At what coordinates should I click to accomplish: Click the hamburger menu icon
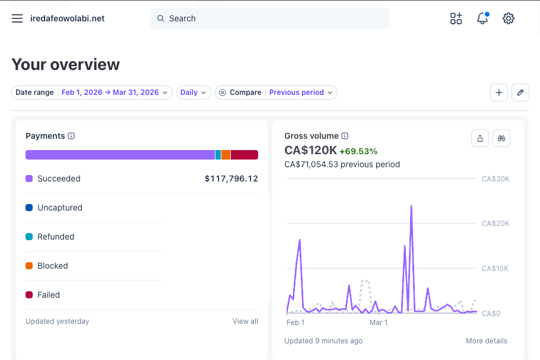click(x=17, y=18)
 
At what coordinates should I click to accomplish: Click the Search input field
click(x=270, y=18)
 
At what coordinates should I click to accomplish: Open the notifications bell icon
click(x=482, y=18)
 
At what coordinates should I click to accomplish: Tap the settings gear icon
click(x=508, y=18)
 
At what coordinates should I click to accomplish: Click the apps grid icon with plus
click(x=456, y=18)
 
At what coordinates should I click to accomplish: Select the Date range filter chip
click(x=92, y=93)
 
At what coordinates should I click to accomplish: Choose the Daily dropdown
click(x=193, y=93)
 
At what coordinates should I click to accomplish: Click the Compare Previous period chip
click(x=276, y=93)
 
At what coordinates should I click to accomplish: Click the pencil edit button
click(x=520, y=93)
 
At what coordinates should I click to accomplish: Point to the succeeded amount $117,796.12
click(x=231, y=179)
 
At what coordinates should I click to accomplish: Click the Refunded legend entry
click(x=55, y=237)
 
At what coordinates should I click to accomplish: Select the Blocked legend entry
click(x=52, y=266)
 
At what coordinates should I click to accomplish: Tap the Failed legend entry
click(x=48, y=295)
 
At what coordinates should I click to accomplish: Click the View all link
click(x=245, y=321)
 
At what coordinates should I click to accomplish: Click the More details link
click(x=486, y=341)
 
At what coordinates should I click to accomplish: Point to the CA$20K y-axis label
click(x=495, y=224)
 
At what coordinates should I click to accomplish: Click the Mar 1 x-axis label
click(x=378, y=323)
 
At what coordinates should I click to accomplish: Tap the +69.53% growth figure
click(x=358, y=151)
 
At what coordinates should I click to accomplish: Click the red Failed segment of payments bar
click(x=244, y=155)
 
